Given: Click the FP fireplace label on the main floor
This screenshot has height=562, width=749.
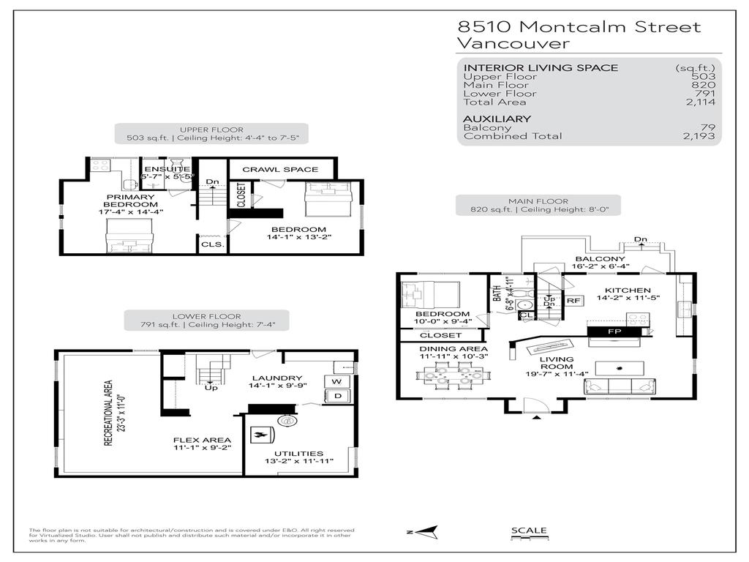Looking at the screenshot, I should [x=614, y=331].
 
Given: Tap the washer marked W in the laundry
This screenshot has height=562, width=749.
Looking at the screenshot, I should [x=336, y=382].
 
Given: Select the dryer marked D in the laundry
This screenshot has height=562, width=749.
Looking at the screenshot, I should [x=336, y=397].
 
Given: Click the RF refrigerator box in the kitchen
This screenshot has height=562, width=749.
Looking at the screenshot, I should [x=574, y=300].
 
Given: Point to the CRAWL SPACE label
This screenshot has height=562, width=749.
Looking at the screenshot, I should [x=280, y=170].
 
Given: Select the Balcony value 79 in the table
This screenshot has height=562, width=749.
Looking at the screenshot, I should [x=707, y=127].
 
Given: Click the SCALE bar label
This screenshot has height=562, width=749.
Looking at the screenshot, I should [x=528, y=531].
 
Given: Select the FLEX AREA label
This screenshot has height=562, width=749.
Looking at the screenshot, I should [x=202, y=441].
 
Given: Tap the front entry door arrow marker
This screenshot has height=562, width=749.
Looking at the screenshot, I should [x=538, y=417].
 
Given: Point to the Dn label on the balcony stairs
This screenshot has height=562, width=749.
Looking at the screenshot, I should [x=641, y=239].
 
